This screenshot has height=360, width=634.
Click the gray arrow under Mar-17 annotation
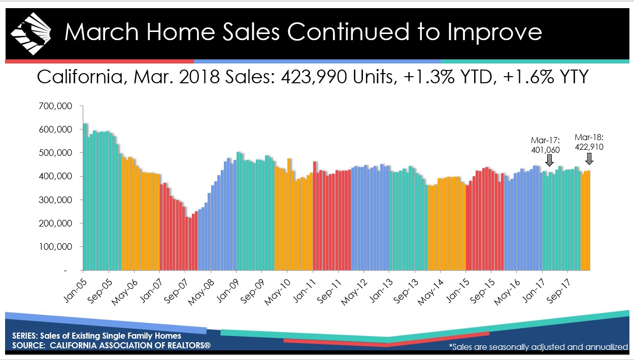[549, 160]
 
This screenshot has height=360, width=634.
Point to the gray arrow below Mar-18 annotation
[589, 159]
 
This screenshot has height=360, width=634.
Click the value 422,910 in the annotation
[589, 146]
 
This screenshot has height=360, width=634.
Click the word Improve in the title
[495, 32]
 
